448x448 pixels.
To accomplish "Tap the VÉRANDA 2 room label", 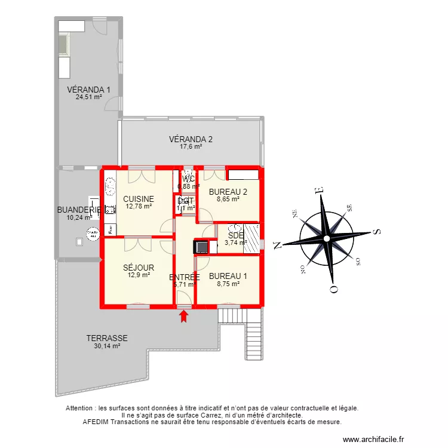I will (x=191, y=139).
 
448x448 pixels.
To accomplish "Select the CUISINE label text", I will (x=139, y=199).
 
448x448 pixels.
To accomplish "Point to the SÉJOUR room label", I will (x=139, y=268).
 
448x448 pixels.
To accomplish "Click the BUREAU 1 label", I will (x=228, y=277).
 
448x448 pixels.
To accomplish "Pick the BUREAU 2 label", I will (x=228, y=192).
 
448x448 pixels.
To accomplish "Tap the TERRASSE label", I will (x=107, y=338).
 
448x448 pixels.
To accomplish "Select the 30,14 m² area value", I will (x=107, y=346).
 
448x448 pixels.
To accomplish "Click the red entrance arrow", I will (x=184, y=315).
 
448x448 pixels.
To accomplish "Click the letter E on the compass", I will (x=320, y=191).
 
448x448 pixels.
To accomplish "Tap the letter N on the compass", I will (x=277, y=244).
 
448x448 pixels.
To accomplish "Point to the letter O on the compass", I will (x=333, y=289).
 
